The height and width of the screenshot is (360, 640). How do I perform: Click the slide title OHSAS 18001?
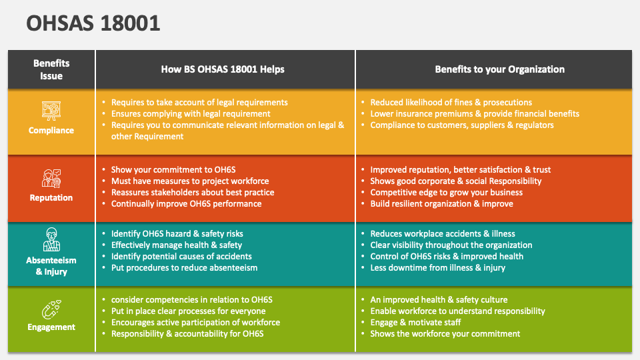point(93,23)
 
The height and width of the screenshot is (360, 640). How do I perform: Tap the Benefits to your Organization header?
point(499,69)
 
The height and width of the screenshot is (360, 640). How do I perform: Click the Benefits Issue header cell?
point(51,69)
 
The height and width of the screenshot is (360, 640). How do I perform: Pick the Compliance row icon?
point(51,110)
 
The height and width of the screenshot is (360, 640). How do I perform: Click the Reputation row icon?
point(51,178)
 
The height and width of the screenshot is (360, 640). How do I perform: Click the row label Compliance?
point(51,131)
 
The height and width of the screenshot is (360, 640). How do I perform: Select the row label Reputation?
point(51,198)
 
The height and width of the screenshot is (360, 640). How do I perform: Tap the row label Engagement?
point(51,327)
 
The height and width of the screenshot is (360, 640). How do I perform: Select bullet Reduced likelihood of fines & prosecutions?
point(451,103)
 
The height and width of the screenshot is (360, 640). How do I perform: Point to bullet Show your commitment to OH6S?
point(173,170)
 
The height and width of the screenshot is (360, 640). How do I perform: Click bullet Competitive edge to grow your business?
point(446,193)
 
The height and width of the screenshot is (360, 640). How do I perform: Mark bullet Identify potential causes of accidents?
point(181,257)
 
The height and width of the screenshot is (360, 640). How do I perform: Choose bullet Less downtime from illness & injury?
point(437,268)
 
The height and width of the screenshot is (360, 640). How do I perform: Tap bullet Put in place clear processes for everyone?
point(188,311)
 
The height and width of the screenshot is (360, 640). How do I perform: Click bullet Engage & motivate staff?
point(415,323)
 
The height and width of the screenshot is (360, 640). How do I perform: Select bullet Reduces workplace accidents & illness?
point(443,234)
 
